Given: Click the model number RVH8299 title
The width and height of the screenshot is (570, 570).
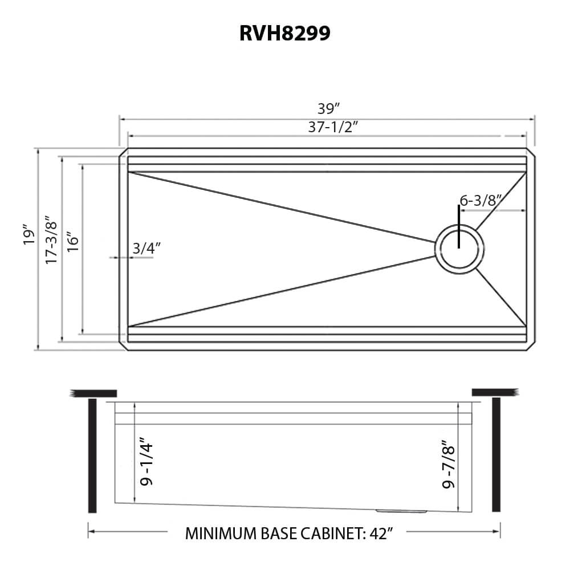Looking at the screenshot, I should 285,33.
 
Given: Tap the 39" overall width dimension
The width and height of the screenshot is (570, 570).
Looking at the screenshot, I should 329,108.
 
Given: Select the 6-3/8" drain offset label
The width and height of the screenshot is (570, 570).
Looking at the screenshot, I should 480,200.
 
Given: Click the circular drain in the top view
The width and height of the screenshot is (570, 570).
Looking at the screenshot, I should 459,249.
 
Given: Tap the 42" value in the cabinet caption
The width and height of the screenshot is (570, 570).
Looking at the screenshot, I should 381,534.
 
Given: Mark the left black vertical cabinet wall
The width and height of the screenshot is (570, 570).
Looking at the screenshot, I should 92,456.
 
